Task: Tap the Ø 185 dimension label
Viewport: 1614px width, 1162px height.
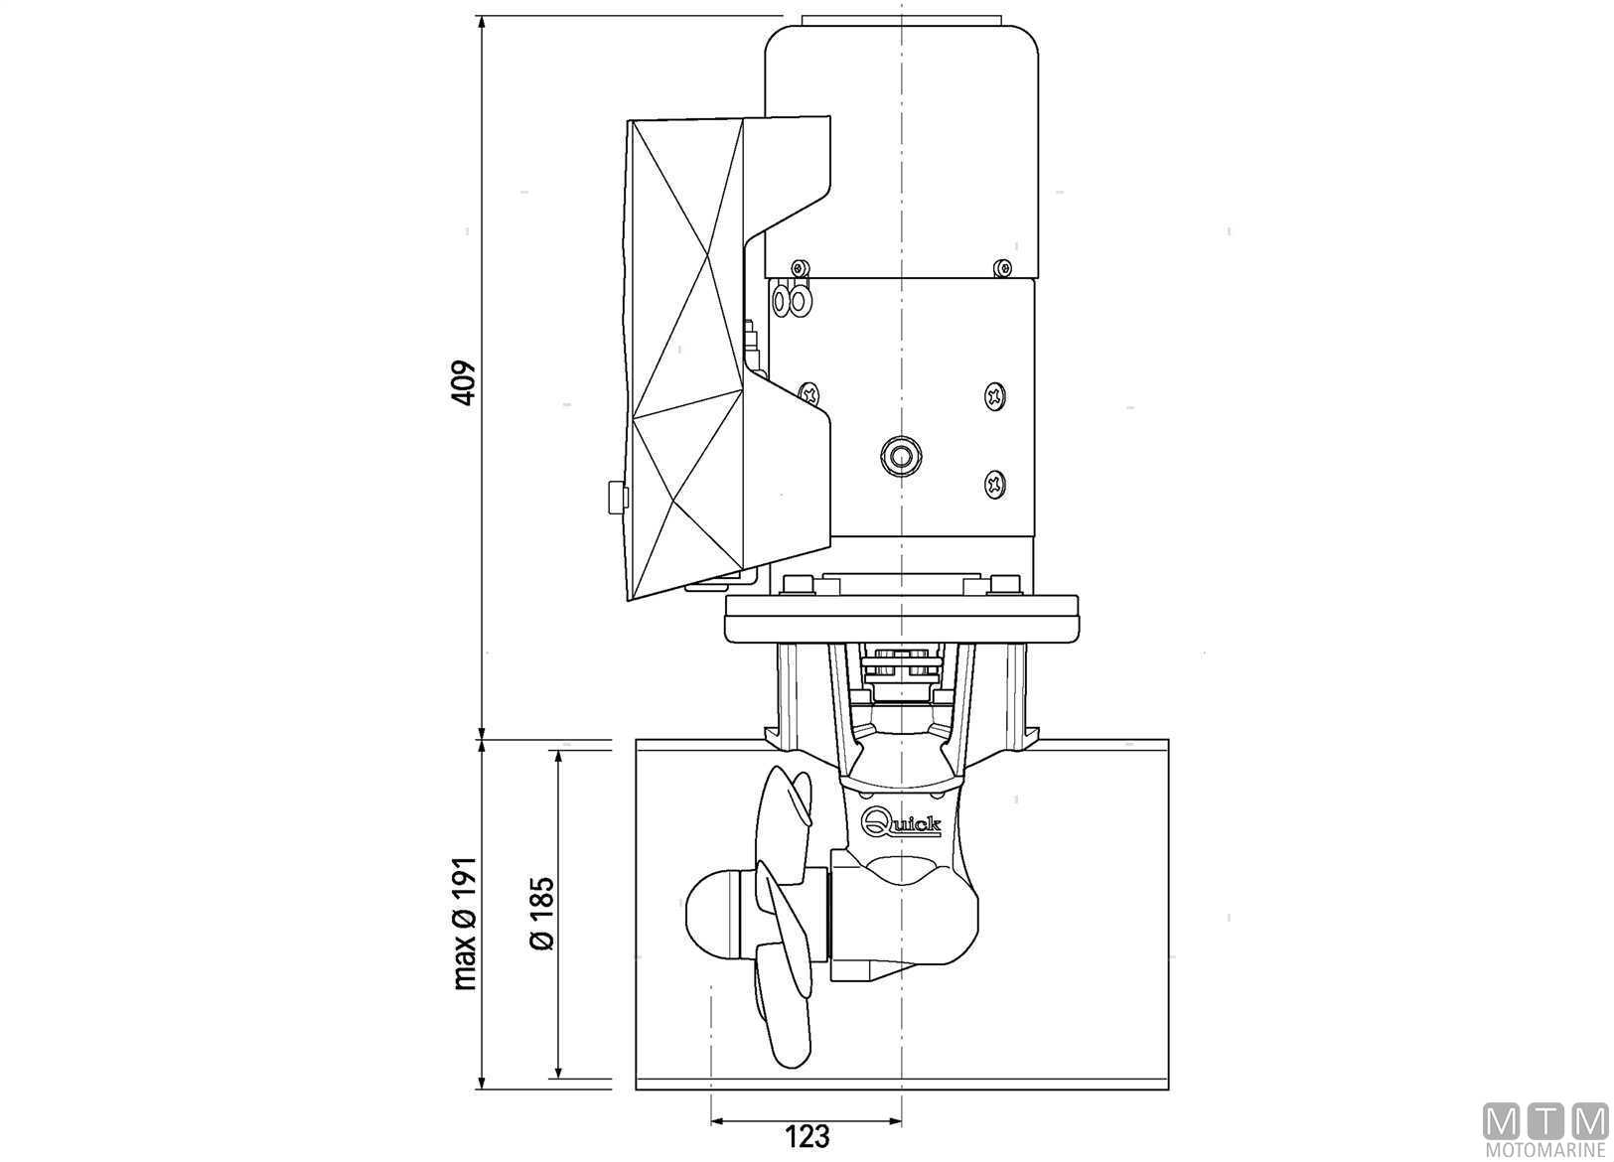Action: click(x=542, y=913)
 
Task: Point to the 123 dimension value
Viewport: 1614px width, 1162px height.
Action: click(x=807, y=1136)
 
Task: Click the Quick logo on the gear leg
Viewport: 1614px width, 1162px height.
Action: click(x=902, y=822)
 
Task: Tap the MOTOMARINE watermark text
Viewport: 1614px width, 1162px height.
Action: click(x=1545, y=1152)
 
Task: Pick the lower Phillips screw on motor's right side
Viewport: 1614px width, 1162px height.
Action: click(x=995, y=483)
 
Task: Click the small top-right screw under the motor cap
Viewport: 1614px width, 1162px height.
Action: click(x=1002, y=268)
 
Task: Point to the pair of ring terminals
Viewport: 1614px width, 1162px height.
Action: click(x=791, y=299)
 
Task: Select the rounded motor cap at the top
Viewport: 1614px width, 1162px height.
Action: click(x=902, y=151)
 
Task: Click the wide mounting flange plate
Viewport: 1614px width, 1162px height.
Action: click(x=902, y=618)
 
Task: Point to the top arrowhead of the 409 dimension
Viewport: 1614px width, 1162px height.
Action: click(x=482, y=22)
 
